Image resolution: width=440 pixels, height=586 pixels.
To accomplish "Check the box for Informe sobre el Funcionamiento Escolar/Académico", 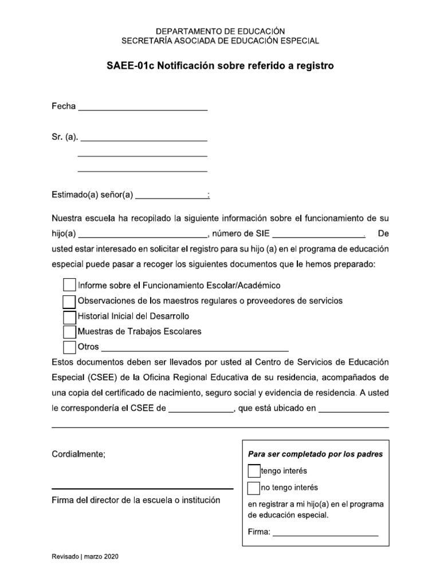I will tap(69, 284).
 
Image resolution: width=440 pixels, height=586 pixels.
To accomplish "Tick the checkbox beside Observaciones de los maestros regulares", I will tap(69, 300).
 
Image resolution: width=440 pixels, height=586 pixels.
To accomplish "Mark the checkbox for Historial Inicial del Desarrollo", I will tap(69, 316).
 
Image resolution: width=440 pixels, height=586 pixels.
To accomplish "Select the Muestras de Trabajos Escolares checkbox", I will tap(69, 331).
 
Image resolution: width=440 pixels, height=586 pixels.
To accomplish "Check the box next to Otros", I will tap(69, 347).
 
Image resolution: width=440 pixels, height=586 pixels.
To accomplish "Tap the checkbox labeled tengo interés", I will tap(254, 471).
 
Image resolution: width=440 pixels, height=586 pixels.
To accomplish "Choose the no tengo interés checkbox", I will tap(254, 488).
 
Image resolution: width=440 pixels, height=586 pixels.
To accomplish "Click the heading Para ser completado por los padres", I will tap(315, 454).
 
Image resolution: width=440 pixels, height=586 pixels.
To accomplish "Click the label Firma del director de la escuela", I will tap(136, 500).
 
